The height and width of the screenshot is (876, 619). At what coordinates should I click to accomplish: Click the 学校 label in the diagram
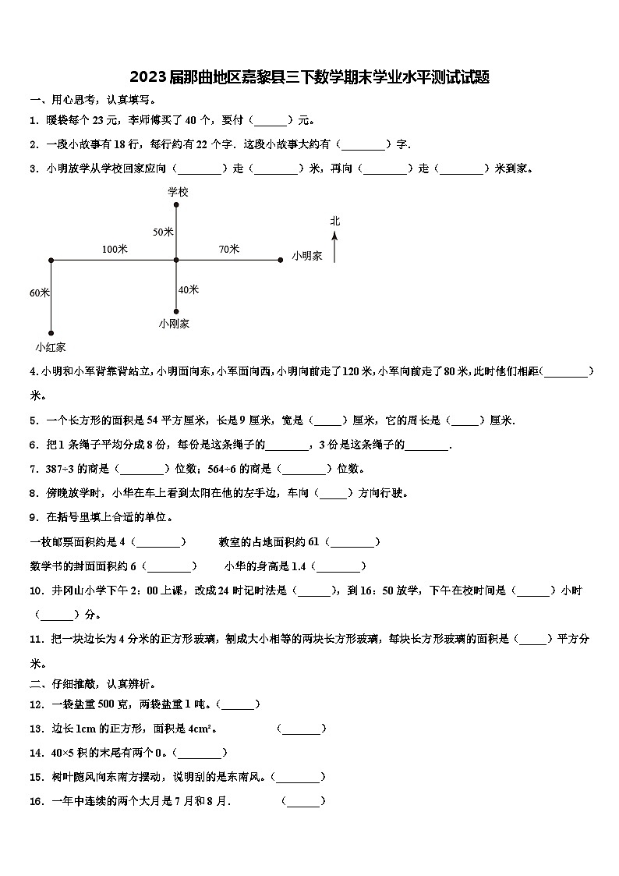coord(178,191)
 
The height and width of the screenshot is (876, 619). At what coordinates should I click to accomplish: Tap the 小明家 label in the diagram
coord(307,256)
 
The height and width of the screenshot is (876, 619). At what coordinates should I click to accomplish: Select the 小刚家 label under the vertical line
coord(174,323)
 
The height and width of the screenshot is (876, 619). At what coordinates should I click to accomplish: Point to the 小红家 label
coord(51,346)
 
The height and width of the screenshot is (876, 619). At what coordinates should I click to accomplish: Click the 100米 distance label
coord(115,249)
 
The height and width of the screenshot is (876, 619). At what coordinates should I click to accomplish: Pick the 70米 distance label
coord(229,249)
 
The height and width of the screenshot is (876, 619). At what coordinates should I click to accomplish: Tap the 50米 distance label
coord(163,232)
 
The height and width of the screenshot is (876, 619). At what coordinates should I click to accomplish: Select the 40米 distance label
coord(188,289)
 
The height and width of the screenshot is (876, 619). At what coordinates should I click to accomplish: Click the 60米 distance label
coord(40,293)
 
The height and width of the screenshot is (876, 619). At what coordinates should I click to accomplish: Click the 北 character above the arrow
coord(335,221)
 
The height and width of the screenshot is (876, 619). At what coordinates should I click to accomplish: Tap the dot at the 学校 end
coord(177,205)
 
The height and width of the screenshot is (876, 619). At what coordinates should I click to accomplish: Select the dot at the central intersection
coord(177,260)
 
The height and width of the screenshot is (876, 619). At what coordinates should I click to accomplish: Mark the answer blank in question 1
coord(271,121)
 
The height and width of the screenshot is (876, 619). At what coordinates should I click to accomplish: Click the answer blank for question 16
coord(302,801)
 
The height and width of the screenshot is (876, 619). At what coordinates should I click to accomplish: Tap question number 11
coord(35,639)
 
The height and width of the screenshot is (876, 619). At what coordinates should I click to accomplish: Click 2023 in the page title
coord(145,77)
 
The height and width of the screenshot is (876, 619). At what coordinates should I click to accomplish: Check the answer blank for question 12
coord(239,704)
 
